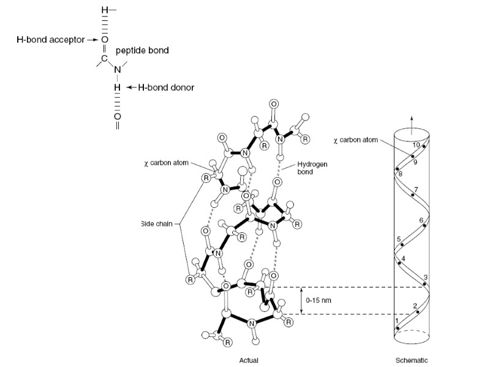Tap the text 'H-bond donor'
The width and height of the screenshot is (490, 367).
165,87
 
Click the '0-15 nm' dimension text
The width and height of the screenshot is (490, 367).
318,301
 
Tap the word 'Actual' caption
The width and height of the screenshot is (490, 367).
249,360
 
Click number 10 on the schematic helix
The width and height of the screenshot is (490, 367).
417,145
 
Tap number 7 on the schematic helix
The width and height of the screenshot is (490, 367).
416,189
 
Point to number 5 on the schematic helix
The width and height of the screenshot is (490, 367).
399,239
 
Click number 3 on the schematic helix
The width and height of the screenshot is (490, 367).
424,278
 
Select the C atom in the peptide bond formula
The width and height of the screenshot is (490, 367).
104,58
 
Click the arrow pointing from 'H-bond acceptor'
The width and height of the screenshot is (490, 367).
92,39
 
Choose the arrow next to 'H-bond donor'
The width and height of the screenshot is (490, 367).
131,87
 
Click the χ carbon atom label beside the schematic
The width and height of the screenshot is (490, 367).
356,139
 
